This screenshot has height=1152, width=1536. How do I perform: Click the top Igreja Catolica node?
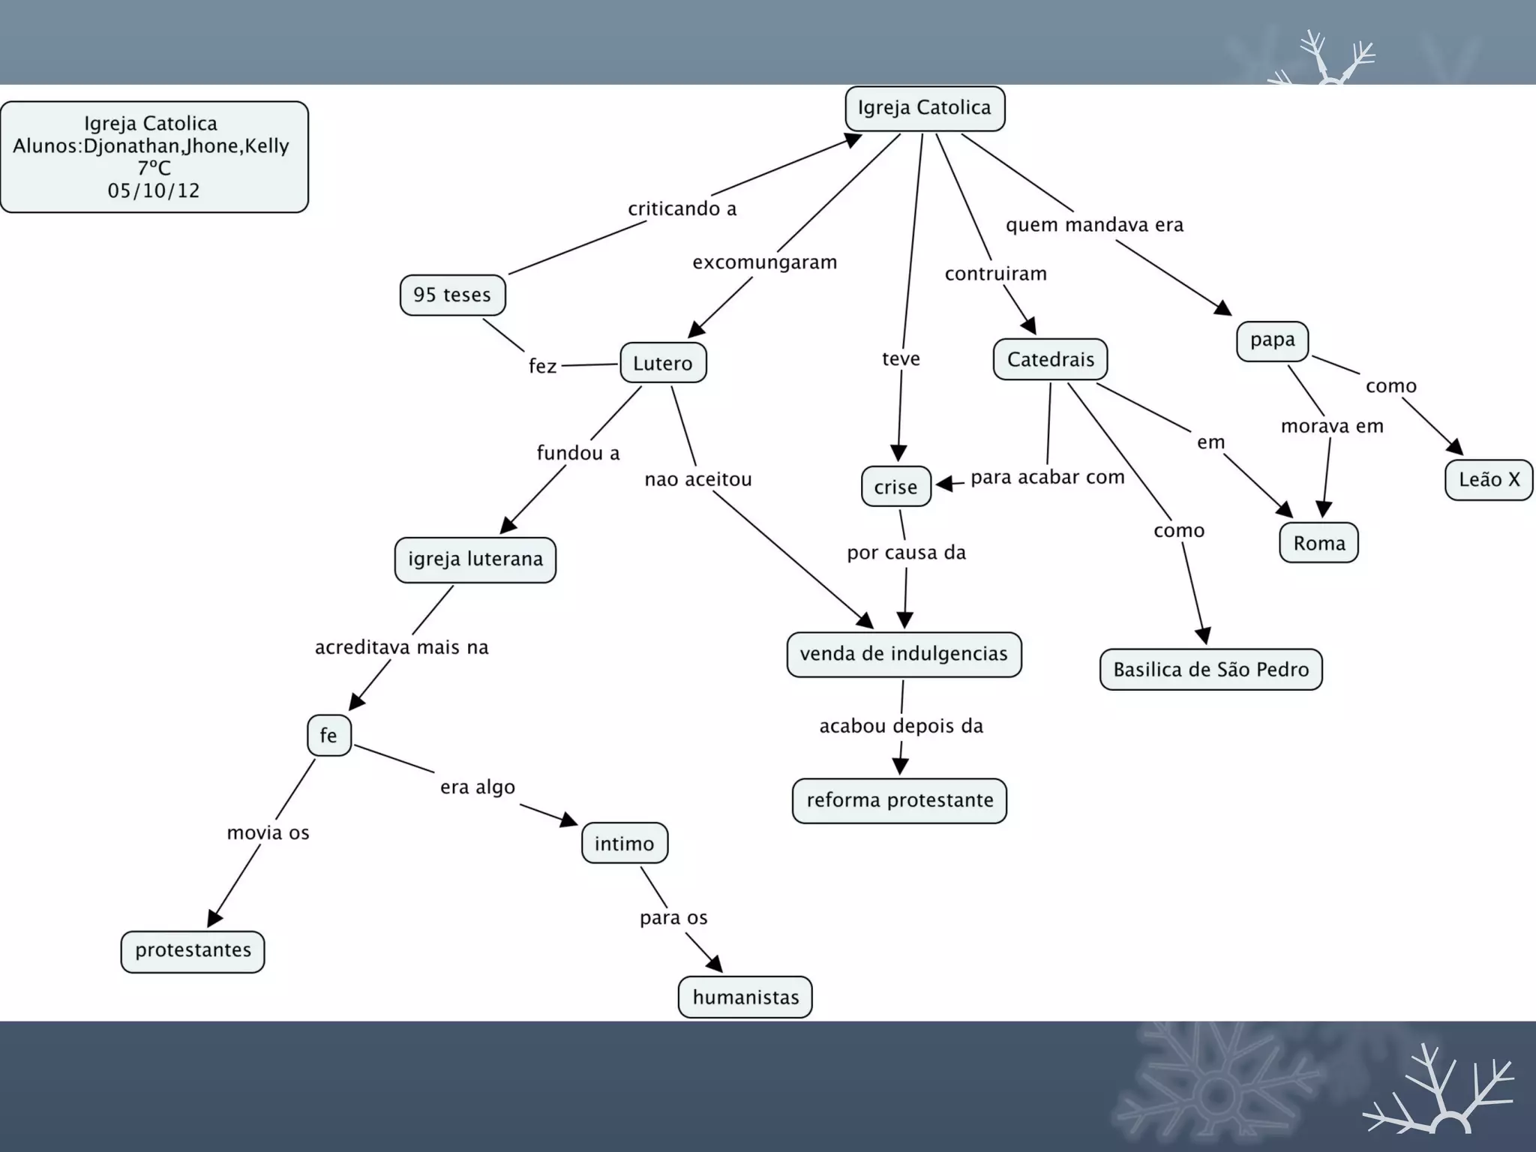(925, 109)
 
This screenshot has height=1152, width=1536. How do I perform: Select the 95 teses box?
(452, 295)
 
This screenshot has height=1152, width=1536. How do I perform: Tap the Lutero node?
(663, 363)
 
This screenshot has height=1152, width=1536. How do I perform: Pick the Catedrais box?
(1050, 359)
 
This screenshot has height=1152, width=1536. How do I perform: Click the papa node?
(1272, 340)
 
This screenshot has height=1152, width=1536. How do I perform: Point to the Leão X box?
(1489, 479)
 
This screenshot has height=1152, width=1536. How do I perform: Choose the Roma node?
(1318, 543)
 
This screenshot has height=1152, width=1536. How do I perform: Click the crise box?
(895, 487)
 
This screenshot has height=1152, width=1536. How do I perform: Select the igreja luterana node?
(475, 559)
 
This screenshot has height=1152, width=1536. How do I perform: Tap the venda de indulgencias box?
(904, 654)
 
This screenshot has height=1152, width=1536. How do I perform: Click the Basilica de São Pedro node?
(1210, 669)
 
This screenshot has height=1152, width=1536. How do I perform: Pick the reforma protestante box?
(899, 800)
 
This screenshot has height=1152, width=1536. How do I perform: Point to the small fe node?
(328, 735)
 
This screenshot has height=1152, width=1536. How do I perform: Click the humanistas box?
(745, 997)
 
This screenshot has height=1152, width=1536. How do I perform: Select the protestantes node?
(193, 951)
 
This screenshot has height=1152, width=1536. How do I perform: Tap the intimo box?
(624, 844)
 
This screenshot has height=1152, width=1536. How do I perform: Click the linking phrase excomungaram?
(764, 262)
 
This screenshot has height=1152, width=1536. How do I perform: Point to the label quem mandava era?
(1094, 225)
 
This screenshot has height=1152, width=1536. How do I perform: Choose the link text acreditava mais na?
(401, 647)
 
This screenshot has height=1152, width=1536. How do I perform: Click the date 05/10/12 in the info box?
(154, 190)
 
